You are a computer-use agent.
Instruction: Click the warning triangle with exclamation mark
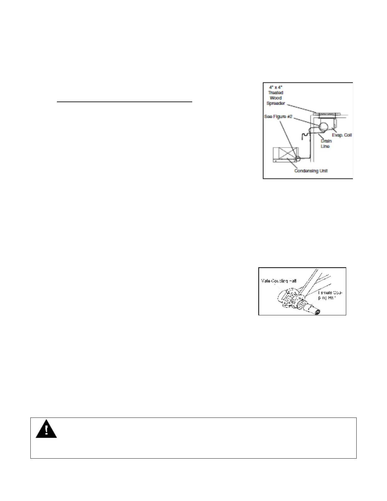[46, 429]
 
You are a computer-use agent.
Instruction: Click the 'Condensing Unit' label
[311, 171]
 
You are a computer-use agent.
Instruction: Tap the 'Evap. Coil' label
[341, 135]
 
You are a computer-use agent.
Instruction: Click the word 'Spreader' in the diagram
[276, 103]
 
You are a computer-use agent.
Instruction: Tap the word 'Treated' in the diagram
[276, 93]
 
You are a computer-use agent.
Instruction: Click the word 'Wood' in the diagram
[276, 98]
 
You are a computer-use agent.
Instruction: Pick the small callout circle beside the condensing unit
[297, 158]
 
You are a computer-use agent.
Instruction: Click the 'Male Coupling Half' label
[279, 281]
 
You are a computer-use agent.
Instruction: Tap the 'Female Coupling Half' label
[330, 295]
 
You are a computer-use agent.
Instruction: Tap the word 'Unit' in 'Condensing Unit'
[323, 171]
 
